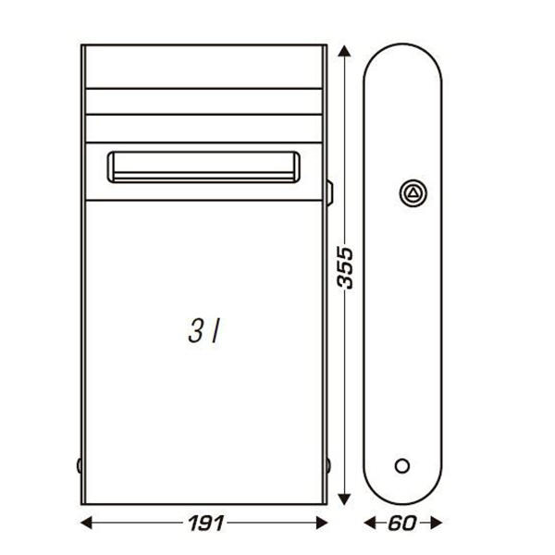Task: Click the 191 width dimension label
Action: click(203, 523)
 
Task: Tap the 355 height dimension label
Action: click(344, 267)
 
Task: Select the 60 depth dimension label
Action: click(401, 523)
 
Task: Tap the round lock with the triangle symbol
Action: click(413, 192)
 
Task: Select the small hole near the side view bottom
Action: click(401, 464)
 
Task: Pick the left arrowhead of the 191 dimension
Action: click(86, 523)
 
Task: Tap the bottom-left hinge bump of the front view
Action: click(80, 464)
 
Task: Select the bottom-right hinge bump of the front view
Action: click(328, 464)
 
